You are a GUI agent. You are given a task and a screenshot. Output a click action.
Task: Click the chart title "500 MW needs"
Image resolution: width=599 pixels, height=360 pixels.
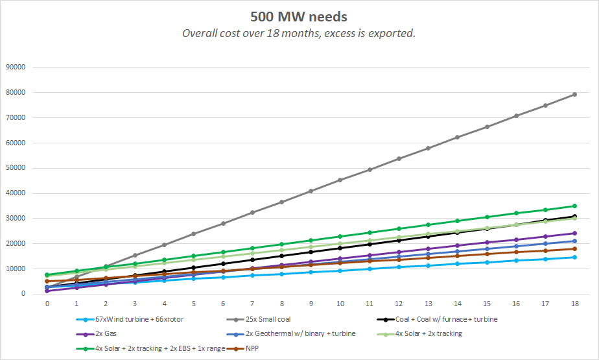[299, 16]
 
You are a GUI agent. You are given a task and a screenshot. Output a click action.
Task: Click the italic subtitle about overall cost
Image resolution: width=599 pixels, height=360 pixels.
[299, 33]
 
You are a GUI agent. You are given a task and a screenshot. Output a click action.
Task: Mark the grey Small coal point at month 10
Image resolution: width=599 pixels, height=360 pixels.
[340, 180]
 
